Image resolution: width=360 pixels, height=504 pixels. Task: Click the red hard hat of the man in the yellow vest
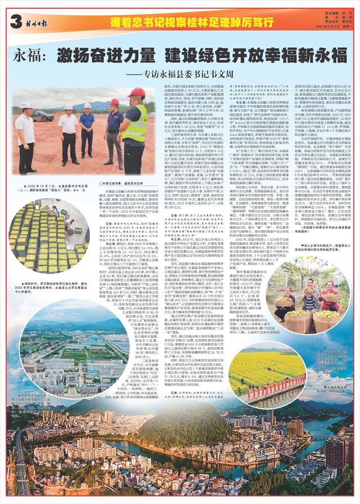(x=136, y=92)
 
